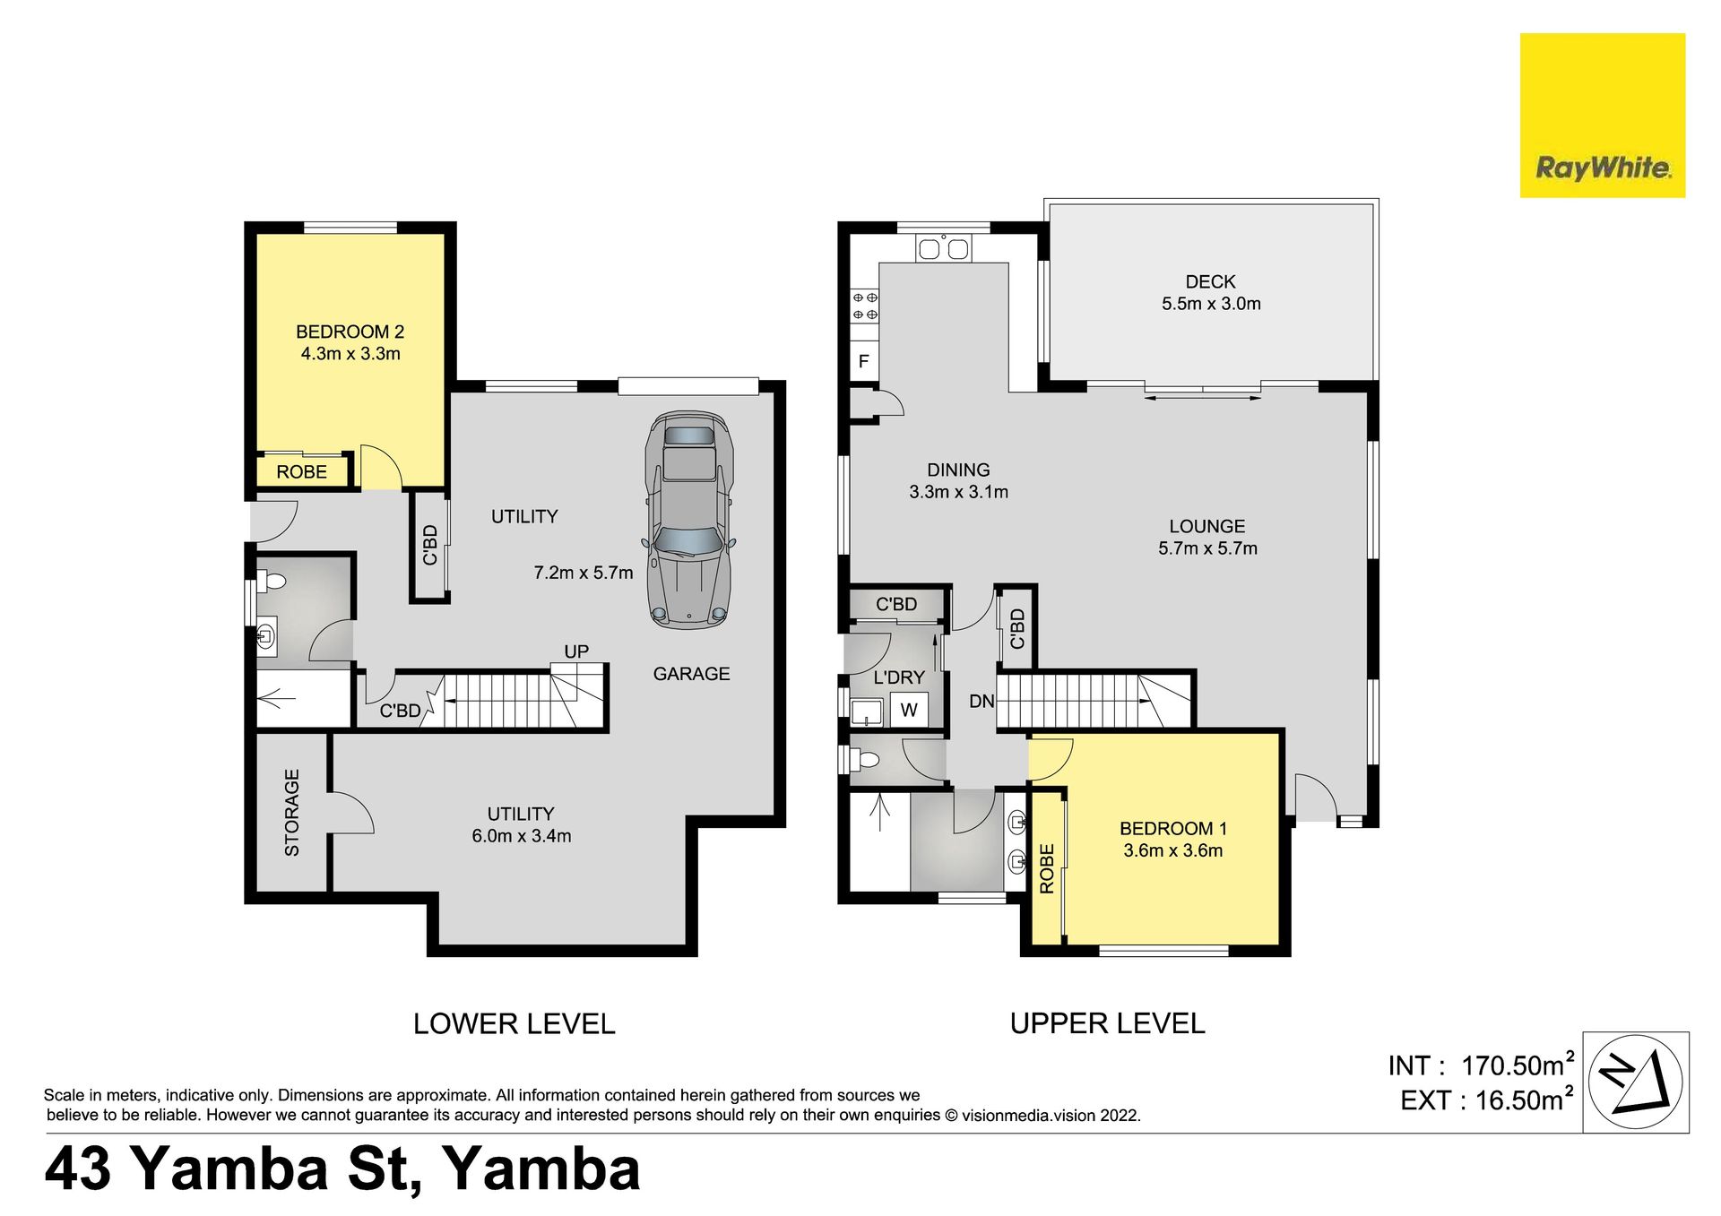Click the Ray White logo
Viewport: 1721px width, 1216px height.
pyautogui.click(x=1603, y=115)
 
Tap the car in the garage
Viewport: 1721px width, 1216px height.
pyautogui.click(x=688, y=520)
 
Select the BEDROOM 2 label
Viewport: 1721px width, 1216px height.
pyautogui.click(x=350, y=332)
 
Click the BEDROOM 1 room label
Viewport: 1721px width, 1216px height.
pyautogui.click(x=1173, y=829)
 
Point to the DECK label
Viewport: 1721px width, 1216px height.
pyautogui.click(x=1210, y=282)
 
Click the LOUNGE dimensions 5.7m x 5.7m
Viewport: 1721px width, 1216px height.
pyautogui.click(x=1207, y=548)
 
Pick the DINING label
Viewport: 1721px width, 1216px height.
pyautogui.click(x=958, y=470)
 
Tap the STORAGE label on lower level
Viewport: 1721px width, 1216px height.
pyautogui.click(x=292, y=813)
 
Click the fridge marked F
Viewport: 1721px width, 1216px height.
pyautogui.click(x=864, y=361)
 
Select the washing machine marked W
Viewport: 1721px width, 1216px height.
pyautogui.click(x=909, y=711)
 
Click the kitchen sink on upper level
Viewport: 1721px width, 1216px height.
pyautogui.click(x=943, y=248)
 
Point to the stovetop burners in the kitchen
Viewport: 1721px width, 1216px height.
pyautogui.click(x=865, y=306)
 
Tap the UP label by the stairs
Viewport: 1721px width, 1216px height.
pyautogui.click(x=576, y=651)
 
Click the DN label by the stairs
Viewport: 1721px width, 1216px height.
pyautogui.click(x=982, y=701)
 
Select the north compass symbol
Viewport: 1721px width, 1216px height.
pyautogui.click(x=1636, y=1082)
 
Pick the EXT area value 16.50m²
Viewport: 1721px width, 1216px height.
pyautogui.click(x=1525, y=1099)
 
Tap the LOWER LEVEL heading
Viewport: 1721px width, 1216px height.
pyautogui.click(x=514, y=1023)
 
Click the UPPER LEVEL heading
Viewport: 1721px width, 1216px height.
pyautogui.click(x=1107, y=1023)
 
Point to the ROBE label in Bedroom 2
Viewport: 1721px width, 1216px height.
pyautogui.click(x=301, y=472)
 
